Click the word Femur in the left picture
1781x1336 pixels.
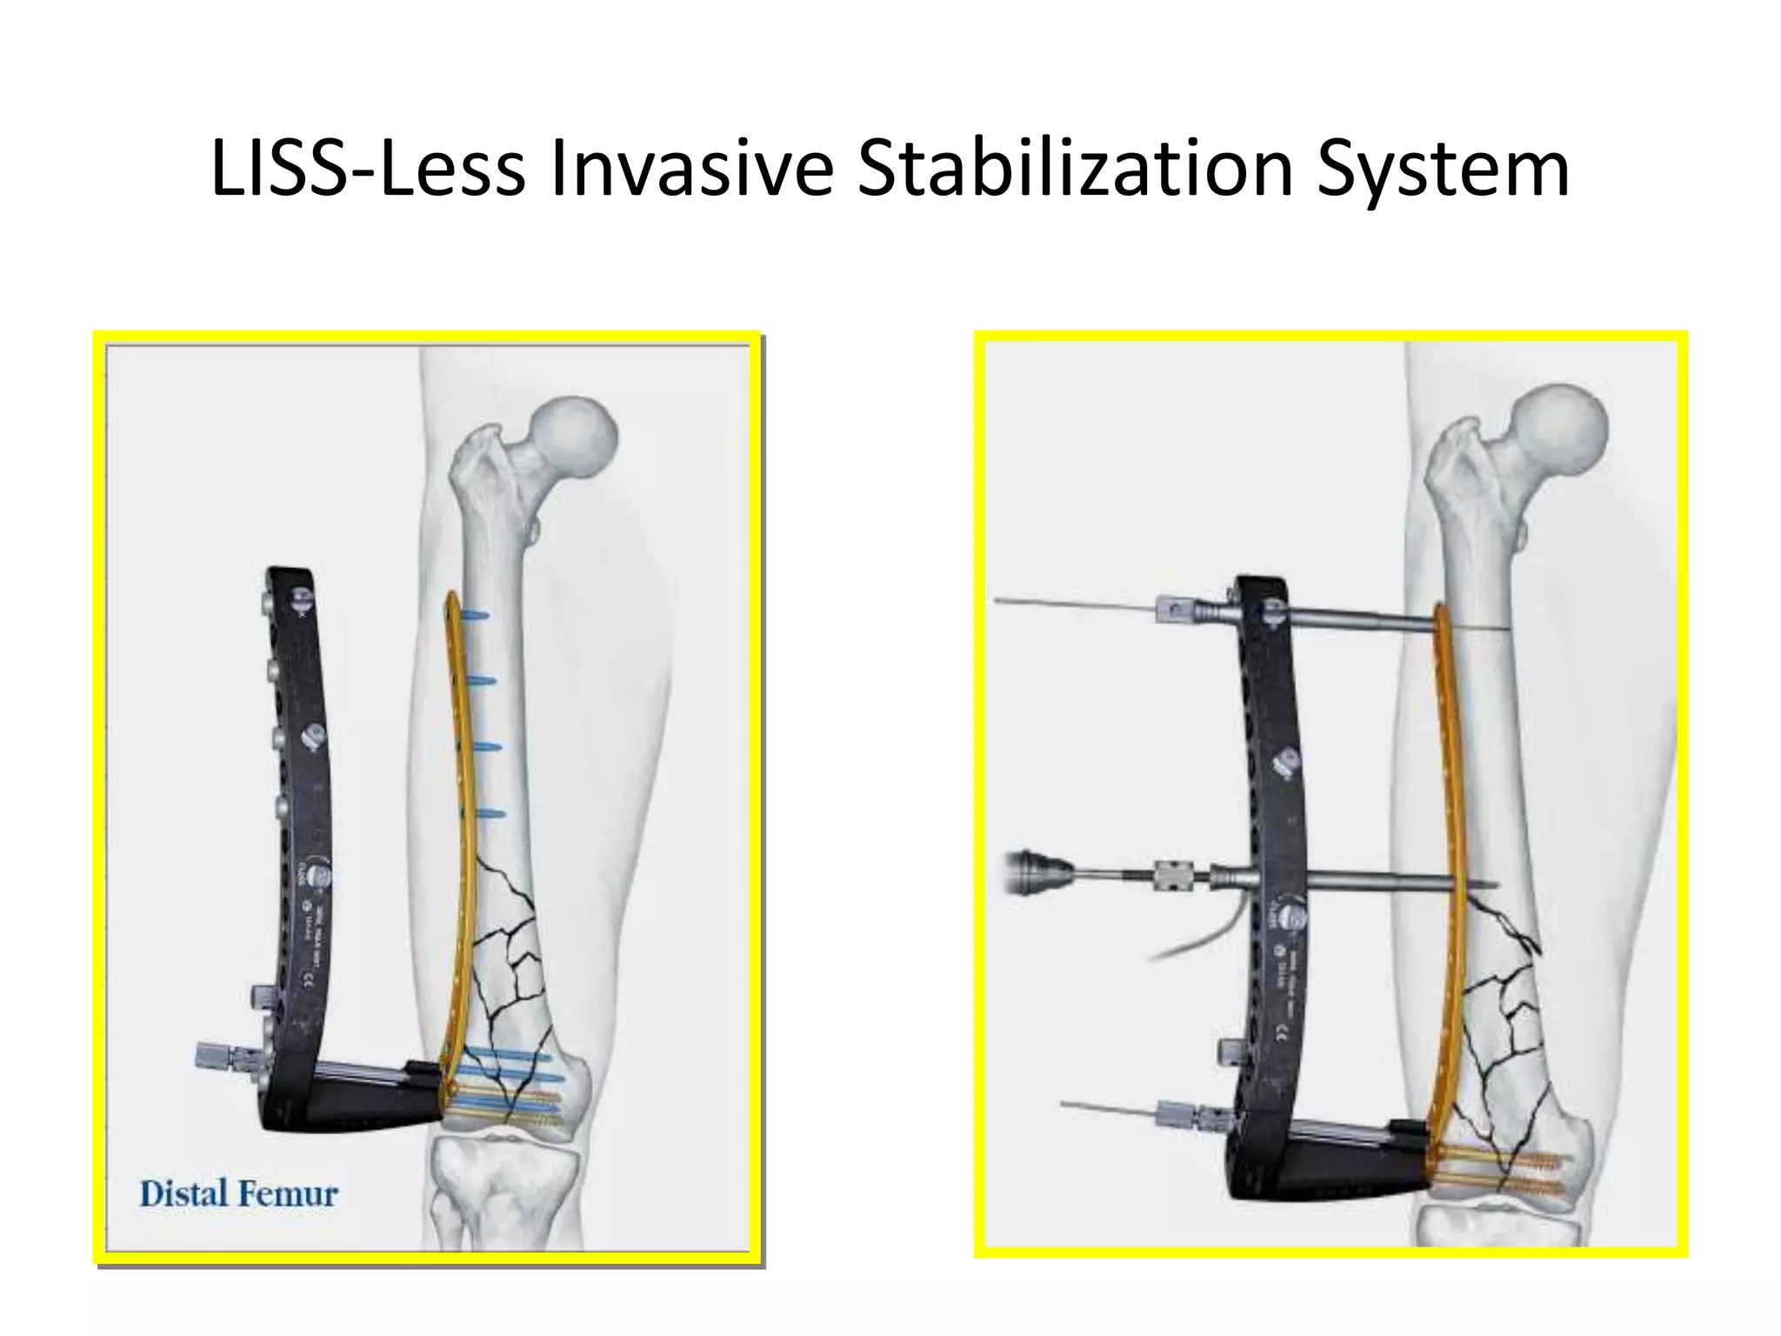click(288, 1193)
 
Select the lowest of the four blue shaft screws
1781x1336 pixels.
click(490, 814)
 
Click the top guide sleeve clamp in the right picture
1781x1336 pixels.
click(1170, 611)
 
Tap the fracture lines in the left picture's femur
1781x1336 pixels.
click(513, 957)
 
